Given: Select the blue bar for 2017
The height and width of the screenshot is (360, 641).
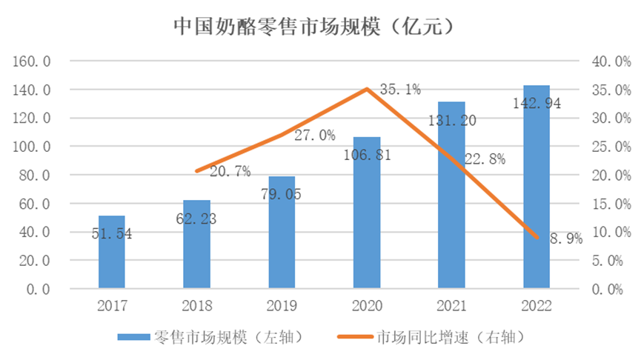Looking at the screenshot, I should point(112,252).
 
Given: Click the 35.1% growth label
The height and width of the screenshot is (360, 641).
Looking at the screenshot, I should point(400,90).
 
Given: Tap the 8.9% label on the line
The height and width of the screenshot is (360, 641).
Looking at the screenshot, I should point(566,238).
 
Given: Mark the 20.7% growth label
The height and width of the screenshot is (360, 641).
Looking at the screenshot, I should point(230,171).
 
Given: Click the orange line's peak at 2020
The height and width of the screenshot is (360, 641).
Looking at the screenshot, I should point(367,89).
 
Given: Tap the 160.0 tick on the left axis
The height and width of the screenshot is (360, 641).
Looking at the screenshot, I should point(31,61).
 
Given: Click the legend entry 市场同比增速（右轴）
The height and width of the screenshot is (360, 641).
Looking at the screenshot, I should point(441,337).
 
